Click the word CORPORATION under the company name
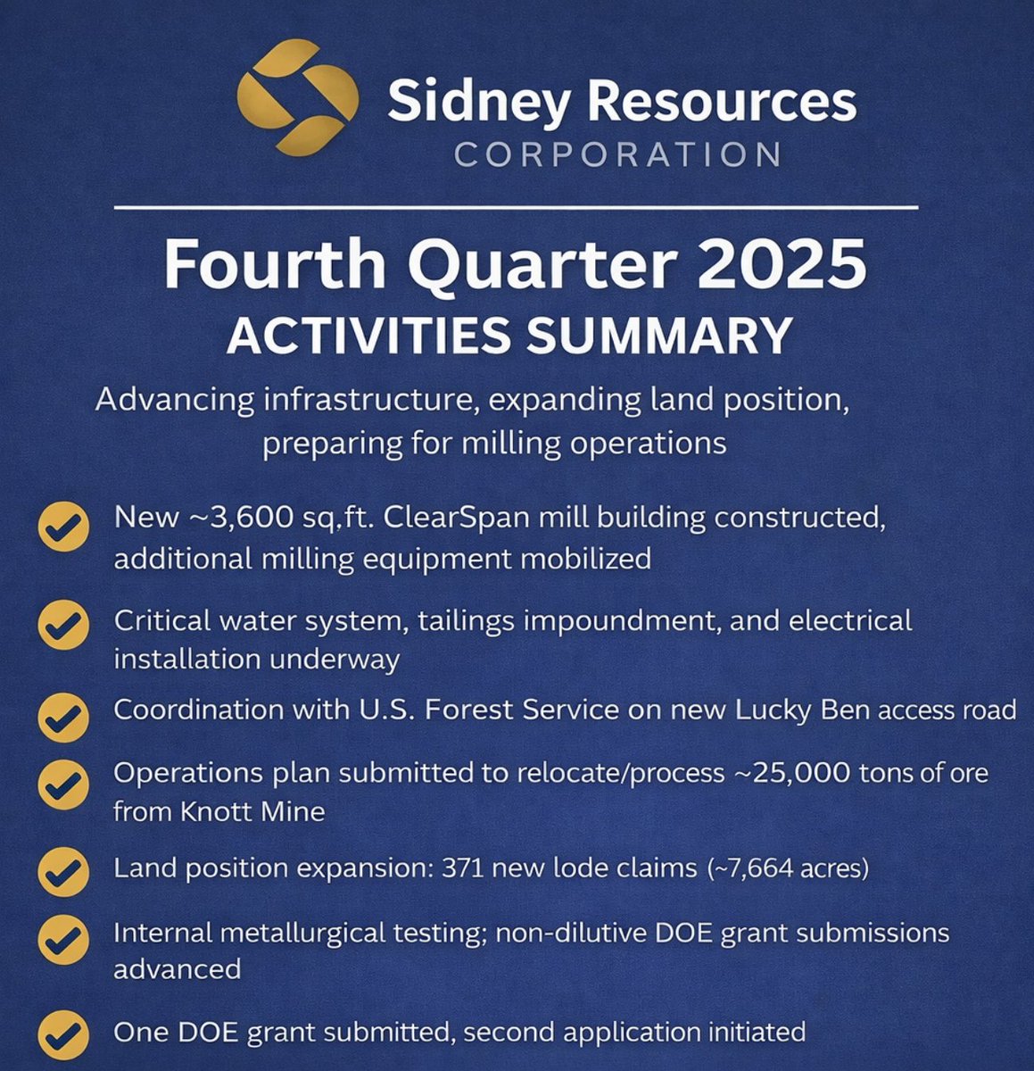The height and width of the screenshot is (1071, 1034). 617,154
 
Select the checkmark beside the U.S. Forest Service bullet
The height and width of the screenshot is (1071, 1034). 63,715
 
